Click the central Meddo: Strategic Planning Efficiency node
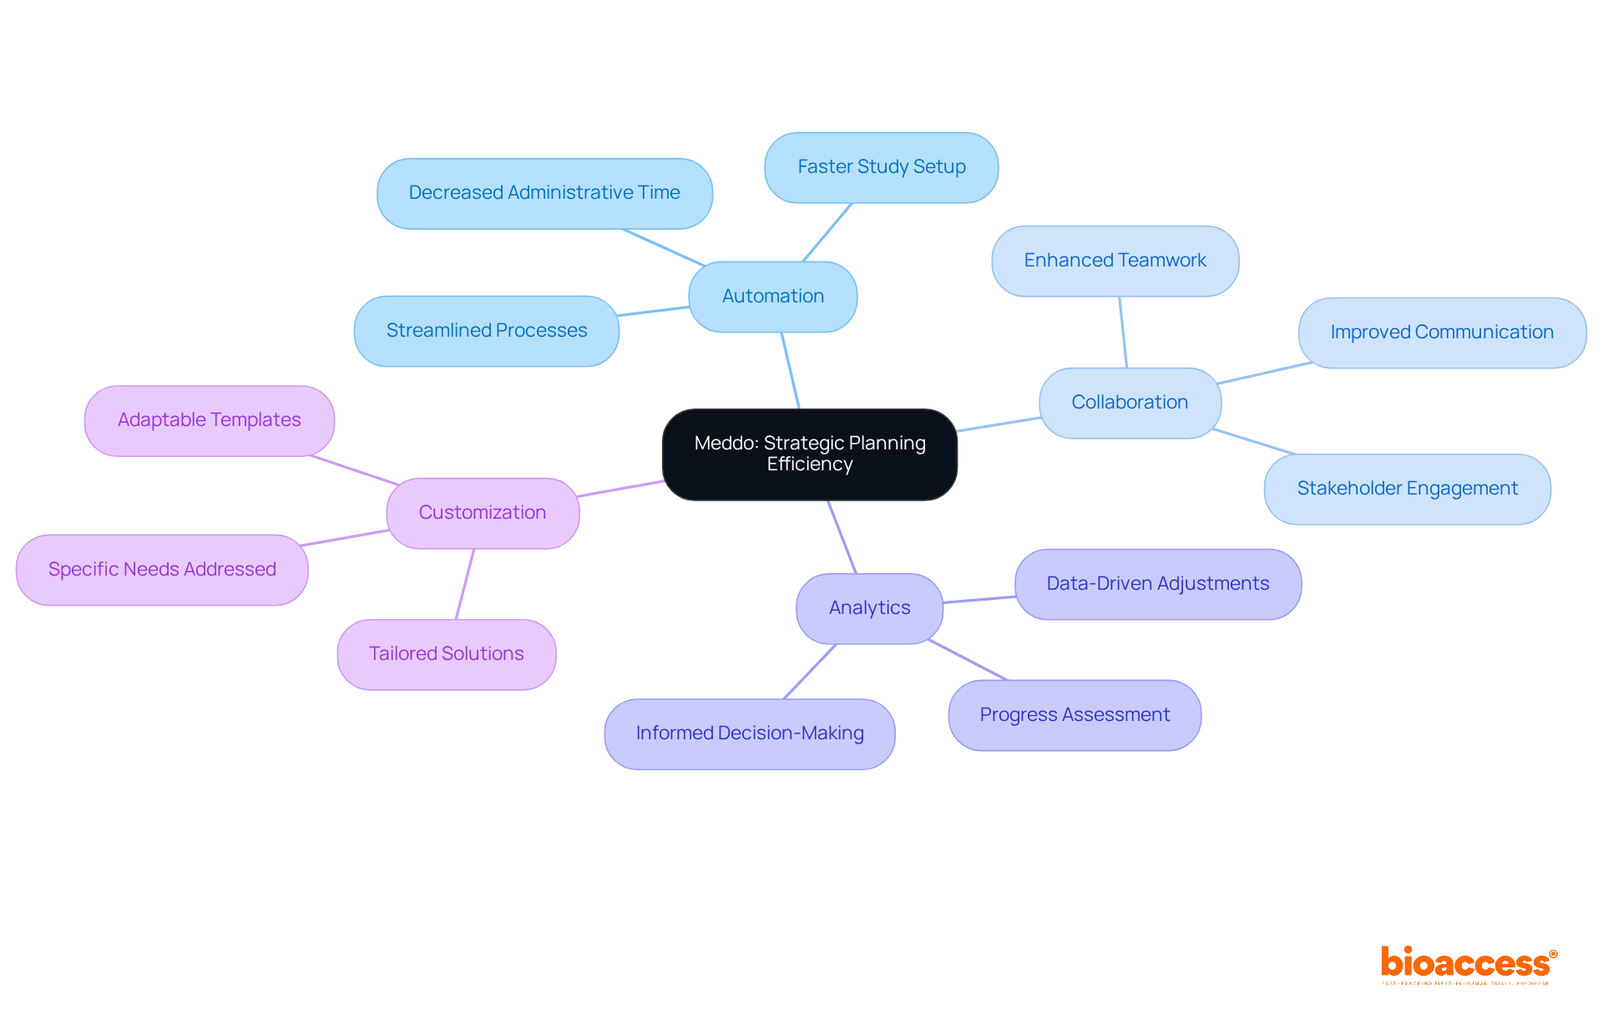tap(809, 454)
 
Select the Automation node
tap(772, 297)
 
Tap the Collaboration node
tap(1129, 403)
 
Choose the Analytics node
tap(869, 608)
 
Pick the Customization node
tap(482, 513)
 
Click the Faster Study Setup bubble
tap(881, 167)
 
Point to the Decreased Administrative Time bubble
tap(544, 193)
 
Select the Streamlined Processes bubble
tap(486, 331)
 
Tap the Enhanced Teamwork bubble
tap(1115, 261)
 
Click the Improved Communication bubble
tap(1441, 332)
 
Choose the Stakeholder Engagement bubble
tap(1407, 489)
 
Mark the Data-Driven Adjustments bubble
tap(1157, 584)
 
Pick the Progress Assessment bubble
tap(1074, 715)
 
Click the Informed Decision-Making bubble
tap(749, 733)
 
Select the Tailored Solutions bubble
tap(446, 654)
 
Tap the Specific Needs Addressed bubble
tap(161, 570)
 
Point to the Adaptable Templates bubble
tap(209, 420)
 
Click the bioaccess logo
tap(1468, 965)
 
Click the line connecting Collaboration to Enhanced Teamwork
tap(1123, 332)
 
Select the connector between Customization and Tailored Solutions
tap(465, 584)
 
